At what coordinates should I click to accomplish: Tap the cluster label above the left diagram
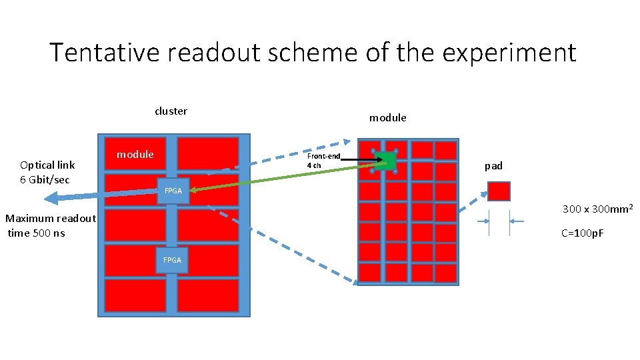(x=171, y=111)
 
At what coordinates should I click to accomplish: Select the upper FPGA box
(x=173, y=191)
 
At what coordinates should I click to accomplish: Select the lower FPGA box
(x=172, y=260)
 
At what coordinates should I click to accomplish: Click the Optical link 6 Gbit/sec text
(x=47, y=172)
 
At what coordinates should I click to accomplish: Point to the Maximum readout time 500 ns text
(x=50, y=225)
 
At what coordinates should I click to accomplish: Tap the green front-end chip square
(x=385, y=161)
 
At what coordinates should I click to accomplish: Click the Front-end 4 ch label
(x=323, y=161)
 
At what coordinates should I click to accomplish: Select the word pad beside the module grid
(x=493, y=166)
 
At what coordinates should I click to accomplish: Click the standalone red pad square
(x=499, y=191)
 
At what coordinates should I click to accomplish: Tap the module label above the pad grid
(x=387, y=118)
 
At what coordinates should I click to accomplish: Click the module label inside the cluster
(x=135, y=155)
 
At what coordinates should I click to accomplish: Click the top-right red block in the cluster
(x=207, y=153)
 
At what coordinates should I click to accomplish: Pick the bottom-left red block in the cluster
(x=135, y=295)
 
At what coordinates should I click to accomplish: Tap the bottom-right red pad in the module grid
(x=445, y=273)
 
